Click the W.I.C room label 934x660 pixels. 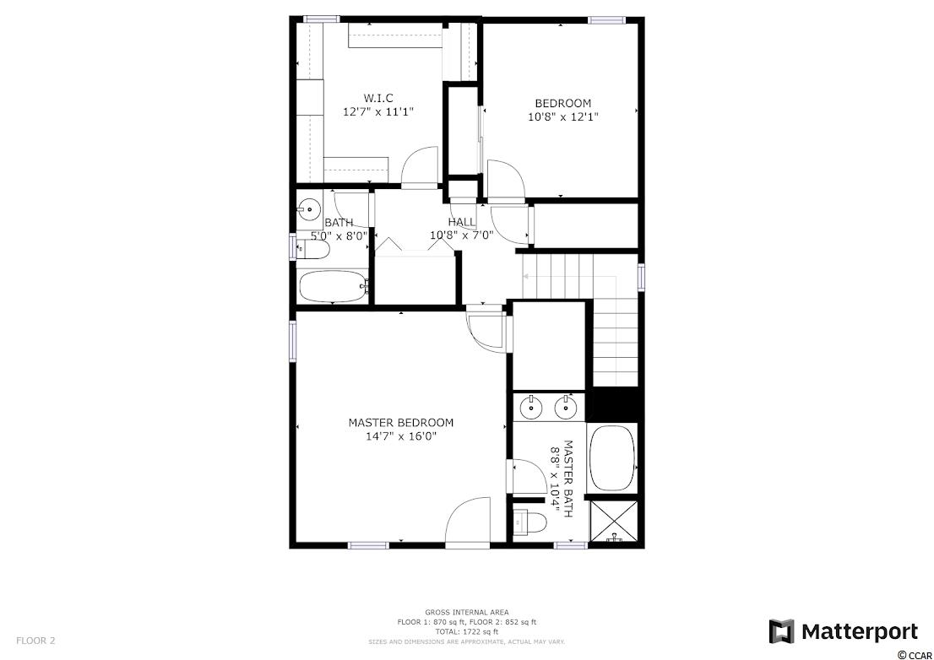[x=378, y=98]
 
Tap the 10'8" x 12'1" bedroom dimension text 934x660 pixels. [x=563, y=117]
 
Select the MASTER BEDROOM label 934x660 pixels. [x=401, y=423]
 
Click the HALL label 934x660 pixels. [x=462, y=222]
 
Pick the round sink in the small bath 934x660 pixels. [x=309, y=209]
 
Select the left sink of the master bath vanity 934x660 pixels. [x=530, y=408]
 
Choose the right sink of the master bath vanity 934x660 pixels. [x=565, y=408]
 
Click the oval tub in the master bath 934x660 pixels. [x=612, y=457]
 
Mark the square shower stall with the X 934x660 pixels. [x=613, y=521]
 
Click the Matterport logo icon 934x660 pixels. [x=781, y=631]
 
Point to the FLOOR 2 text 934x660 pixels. [x=35, y=641]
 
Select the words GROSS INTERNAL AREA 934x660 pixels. [x=466, y=612]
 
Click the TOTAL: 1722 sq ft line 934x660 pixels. [x=466, y=631]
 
